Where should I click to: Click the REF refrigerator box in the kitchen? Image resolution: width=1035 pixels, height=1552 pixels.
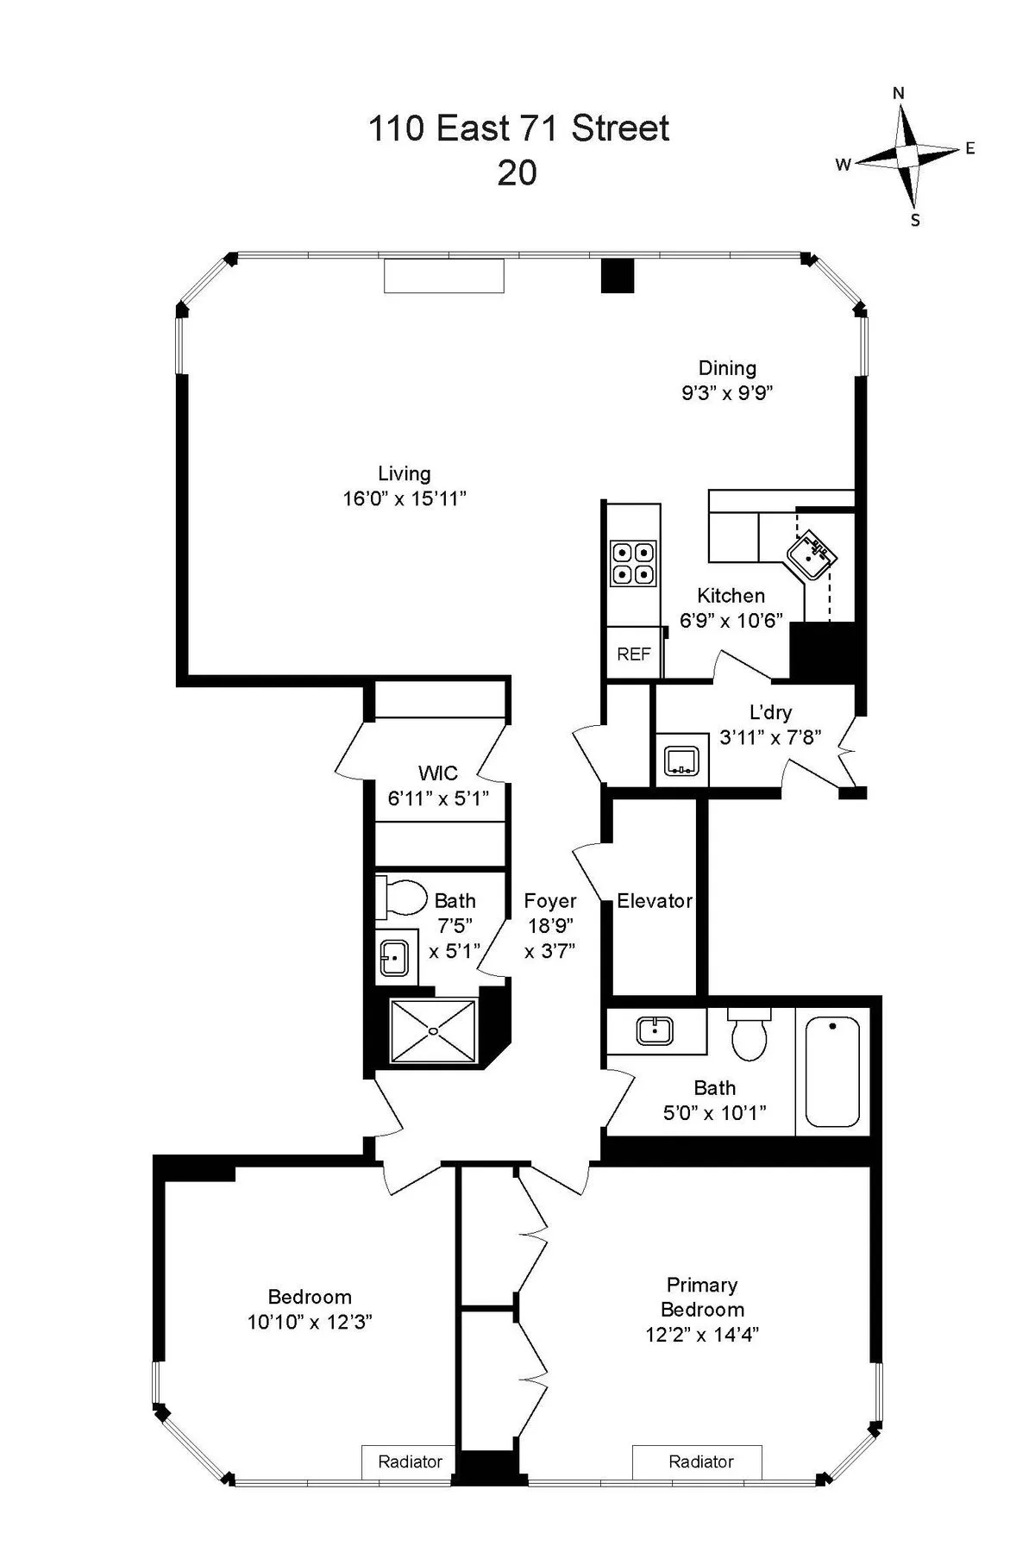(634, 654)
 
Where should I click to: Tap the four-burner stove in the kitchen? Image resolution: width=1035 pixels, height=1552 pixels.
(633, 563)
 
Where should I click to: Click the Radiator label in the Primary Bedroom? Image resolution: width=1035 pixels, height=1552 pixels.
(700, 1461)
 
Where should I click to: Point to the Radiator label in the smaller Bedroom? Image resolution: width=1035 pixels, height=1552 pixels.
(410, 1461)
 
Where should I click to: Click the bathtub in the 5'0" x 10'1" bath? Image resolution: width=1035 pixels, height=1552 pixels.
(831, 1072)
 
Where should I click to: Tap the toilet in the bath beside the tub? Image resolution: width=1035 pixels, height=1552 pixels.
(749, 1036)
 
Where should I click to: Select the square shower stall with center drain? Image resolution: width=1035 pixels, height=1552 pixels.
(433, 1030)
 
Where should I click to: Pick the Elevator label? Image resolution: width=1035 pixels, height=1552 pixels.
(655, 901)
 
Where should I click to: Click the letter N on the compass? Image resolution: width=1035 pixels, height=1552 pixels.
(898, 93)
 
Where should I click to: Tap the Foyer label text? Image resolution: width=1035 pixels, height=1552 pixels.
(549, 901)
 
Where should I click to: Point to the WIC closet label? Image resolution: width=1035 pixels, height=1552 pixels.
(437, 773)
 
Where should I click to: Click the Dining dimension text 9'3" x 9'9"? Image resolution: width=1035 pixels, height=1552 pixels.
(726, 393)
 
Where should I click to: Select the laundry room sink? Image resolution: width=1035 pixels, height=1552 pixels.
(681, 760)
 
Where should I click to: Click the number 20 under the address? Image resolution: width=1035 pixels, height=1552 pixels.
(517, 173)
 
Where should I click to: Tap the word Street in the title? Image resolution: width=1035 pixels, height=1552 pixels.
(620, 128)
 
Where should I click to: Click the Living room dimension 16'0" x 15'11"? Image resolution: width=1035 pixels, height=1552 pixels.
(405, 498)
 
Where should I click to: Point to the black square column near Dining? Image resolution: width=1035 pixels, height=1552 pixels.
(617, 276)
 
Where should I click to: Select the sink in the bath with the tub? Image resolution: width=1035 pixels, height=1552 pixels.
(655, 1030)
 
